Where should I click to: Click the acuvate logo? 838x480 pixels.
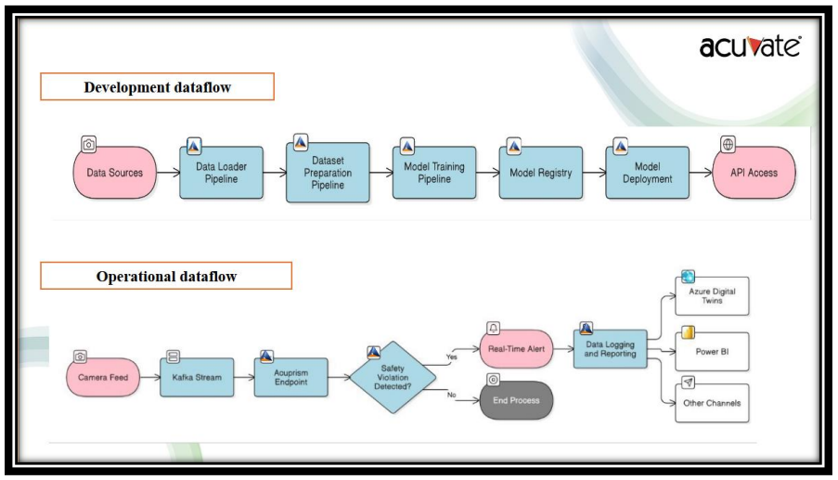pos(750,46)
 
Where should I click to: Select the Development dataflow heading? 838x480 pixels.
pos(157,87)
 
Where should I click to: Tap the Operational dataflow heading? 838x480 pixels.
pos(166,276)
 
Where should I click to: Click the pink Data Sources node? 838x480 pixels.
pos(114,173)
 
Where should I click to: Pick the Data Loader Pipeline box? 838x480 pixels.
pos(221,173)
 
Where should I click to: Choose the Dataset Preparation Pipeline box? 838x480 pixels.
pos(328,173)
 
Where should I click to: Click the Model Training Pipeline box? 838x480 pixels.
pos(434,173)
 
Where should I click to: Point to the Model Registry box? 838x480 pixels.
pos(541,173)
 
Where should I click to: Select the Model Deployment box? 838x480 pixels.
pos(648,173)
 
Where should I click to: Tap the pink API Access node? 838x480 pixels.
pos(754,173)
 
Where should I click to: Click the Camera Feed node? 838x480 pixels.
pos(103,378)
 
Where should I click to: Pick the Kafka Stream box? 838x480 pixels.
pos(196,378)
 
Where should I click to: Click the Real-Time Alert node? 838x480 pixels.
pos(516,349)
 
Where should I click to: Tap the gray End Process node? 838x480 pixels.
pos(516,401)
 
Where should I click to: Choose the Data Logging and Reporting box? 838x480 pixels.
pos(610,349)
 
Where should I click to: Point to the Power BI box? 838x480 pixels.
pos(712,352)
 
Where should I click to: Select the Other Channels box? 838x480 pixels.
pos(712,404)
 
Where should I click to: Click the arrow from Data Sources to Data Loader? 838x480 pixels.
pos(167,173)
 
